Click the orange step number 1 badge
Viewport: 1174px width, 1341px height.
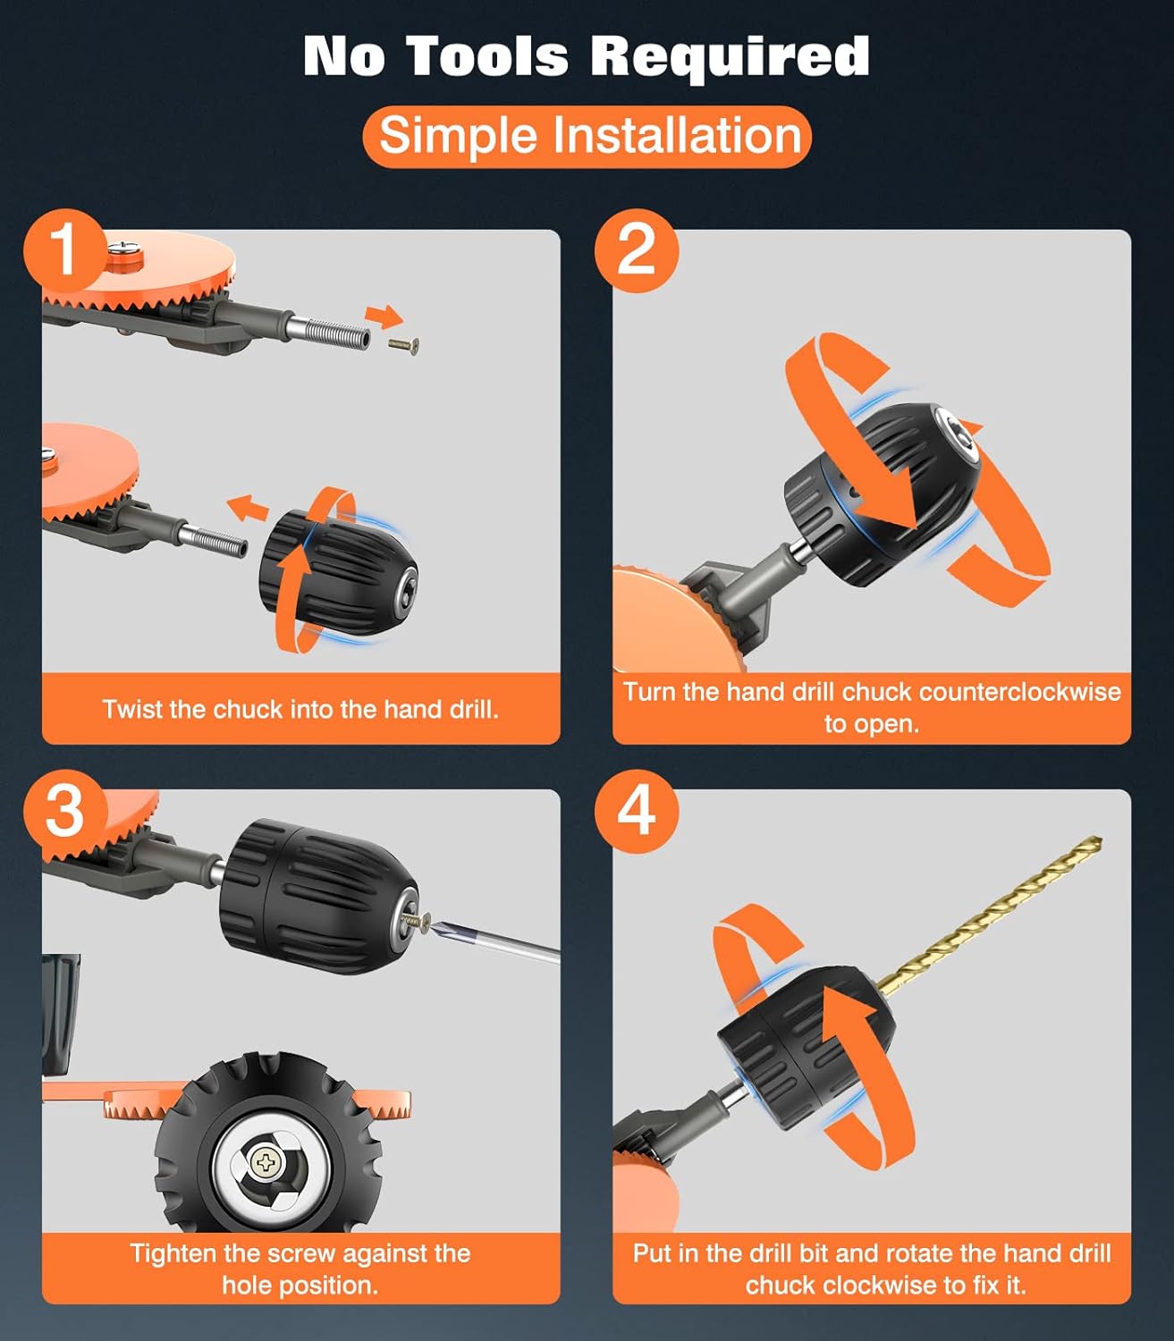pyautogui.click(x=64, y=250)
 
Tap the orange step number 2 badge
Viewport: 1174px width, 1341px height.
pyautogui.click(x=636, y=250)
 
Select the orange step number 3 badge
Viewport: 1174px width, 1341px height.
pyautogui.click(x=64, y=812)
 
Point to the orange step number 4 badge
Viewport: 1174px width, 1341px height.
pyautogui.click(x=636, y=812)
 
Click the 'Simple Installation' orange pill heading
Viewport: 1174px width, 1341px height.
pyautogui.click(x=587, y=136)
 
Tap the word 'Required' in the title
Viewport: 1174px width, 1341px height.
pyautogui.click(x=731, y=58)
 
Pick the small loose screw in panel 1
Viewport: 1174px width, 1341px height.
pyautogui.click(x=404, y=345)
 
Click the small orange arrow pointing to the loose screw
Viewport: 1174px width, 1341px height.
pyautogui.click(x=384, y=316)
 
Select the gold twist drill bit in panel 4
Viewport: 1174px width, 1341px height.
pyautogui.click(x=990, y=916)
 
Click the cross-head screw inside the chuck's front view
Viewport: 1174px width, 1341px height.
pyautogui.click(x=266, y=1163)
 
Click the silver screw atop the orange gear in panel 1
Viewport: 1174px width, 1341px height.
pyautogui.click(x=122, y=247)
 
